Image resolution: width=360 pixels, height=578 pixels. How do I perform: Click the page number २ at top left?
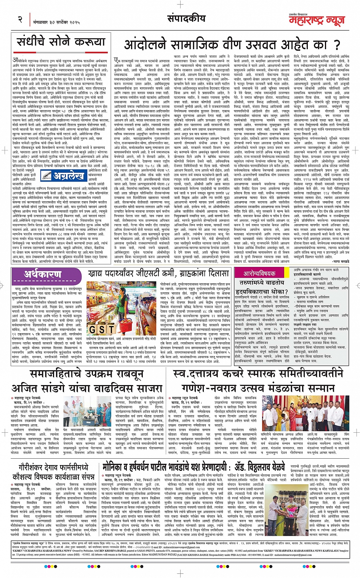tap(20, 19)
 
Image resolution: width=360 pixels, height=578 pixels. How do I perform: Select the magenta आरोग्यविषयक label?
tap(260, 273)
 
